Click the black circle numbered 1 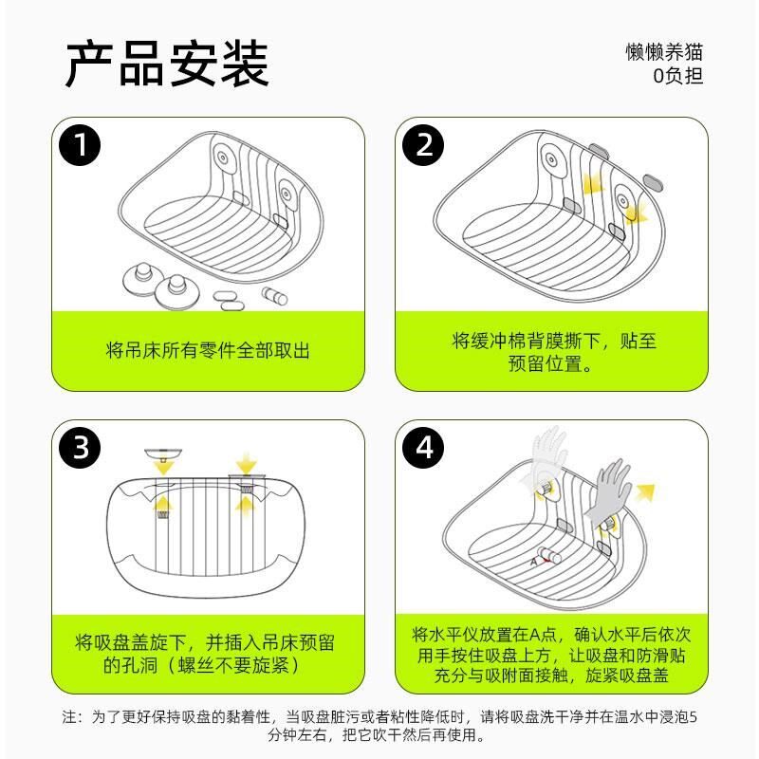(80, 145)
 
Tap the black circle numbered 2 (423, 145)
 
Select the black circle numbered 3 (80, 448)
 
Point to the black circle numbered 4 (423, 448)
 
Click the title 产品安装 (167, 64)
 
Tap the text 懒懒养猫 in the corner (663, 52)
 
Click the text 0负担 (677, 76)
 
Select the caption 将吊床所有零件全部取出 (208, 350)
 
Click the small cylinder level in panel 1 (274, 296)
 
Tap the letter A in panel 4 (534, 562)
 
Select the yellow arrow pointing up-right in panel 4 (645, 492)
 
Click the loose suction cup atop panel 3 (163, 454)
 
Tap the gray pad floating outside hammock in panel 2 (654, 183)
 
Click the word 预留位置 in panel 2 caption (546, 363)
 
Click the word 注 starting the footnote (69, 716)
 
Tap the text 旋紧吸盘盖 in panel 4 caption (627, 675)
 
